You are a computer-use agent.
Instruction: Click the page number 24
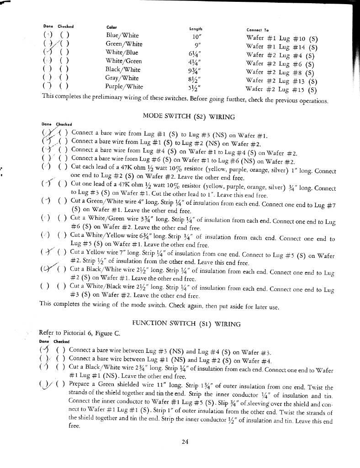coord(185,441)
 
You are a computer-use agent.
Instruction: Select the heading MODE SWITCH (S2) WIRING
coord(189,117)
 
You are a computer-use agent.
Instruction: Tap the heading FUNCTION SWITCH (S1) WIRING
coord(186,324)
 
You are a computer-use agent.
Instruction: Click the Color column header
coord(111,27)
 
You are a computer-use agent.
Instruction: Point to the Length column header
coord(196,29)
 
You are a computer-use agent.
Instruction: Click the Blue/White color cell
coord(122,35)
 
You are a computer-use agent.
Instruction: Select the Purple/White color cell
coord(124,86)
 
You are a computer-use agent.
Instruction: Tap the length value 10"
coord(197,37)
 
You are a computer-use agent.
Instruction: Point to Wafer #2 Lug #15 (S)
coord(281,89)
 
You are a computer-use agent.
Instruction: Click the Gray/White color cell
coord(122,78)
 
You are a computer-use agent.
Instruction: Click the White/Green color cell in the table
coord(123,61)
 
